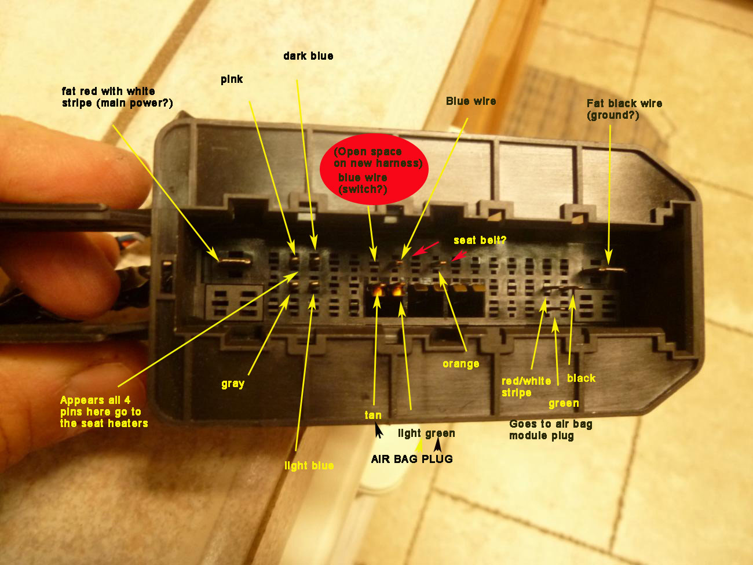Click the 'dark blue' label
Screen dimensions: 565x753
308,56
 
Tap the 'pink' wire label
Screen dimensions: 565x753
232,79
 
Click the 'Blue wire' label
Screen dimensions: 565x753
471,101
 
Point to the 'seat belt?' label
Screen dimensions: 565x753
480,240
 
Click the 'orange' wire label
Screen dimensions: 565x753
461,364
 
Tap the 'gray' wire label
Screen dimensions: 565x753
233,384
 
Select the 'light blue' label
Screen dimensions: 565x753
309,465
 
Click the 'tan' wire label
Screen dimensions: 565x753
373,415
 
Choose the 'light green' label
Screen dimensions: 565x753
426,433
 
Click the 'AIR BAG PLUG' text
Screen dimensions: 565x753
412,459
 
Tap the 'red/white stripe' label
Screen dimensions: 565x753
526,387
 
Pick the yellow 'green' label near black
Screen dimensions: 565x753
564,403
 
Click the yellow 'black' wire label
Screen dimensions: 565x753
581,378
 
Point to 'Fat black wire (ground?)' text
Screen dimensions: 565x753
624,109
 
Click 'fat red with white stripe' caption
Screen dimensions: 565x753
117,97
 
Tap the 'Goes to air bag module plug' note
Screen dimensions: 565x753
550,429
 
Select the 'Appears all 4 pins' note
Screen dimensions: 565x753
104,411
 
